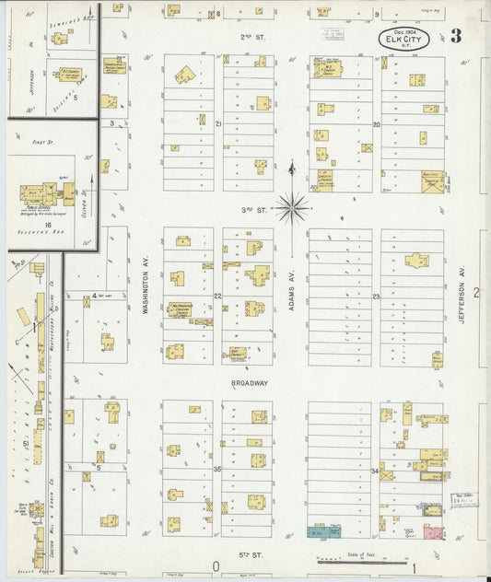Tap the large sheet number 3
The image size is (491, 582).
point(457,37)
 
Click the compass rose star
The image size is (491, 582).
point(292,209)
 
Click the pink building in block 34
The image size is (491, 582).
point(433,532)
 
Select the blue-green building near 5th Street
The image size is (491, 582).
point(323,532)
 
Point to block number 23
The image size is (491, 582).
point(376,297)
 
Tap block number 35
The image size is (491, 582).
point(218,470)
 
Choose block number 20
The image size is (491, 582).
point(376,124)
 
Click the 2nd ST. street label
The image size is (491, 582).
point(251,36)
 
